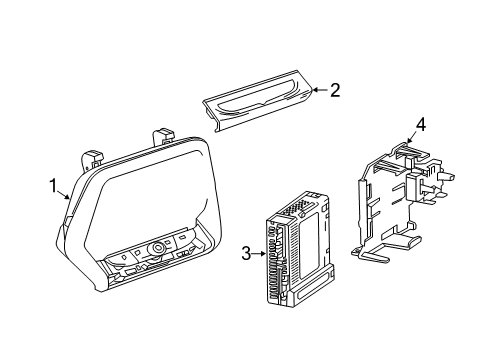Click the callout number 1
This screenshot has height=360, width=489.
tap(53, 185)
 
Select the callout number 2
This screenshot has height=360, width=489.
tap(334, 91)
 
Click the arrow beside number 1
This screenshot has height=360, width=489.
tap(65, 192)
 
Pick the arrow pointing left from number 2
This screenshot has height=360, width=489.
tap(318, 91)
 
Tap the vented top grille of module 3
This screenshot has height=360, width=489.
tap(296, 208)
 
